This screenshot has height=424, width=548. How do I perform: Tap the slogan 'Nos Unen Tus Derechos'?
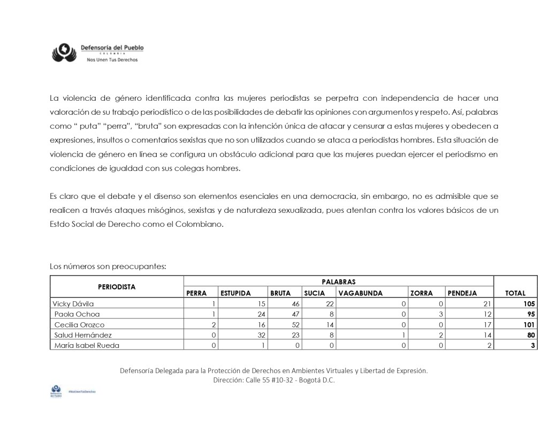112,59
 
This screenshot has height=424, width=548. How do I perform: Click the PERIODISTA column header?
117,287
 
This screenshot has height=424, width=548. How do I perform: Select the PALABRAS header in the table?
338,281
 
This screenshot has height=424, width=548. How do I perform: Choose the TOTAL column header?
515,293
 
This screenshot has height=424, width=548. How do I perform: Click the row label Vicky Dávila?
73,303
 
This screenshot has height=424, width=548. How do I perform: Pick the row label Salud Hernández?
82,335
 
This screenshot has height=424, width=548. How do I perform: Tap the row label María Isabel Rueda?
87,346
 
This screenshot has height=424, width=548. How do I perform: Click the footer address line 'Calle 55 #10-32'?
273,380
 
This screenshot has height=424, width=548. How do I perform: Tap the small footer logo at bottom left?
55,391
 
